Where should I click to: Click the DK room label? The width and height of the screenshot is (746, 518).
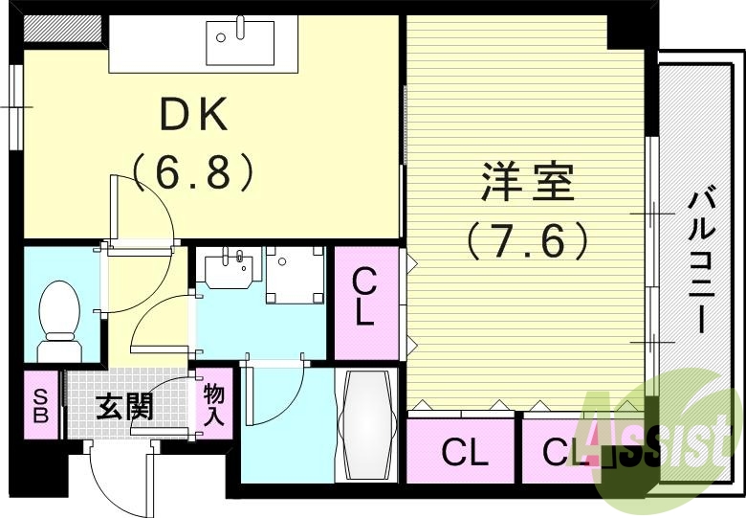[193, 118]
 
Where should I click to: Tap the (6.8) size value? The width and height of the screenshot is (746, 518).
[193, 171]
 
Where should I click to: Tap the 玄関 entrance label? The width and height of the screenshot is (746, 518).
[124, 407]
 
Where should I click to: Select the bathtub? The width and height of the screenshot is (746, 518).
[364, 427]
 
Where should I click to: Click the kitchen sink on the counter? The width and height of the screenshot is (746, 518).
[240, 37]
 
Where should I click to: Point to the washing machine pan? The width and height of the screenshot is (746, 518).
[295, 275]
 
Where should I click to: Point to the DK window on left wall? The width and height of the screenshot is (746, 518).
[15, 106]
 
